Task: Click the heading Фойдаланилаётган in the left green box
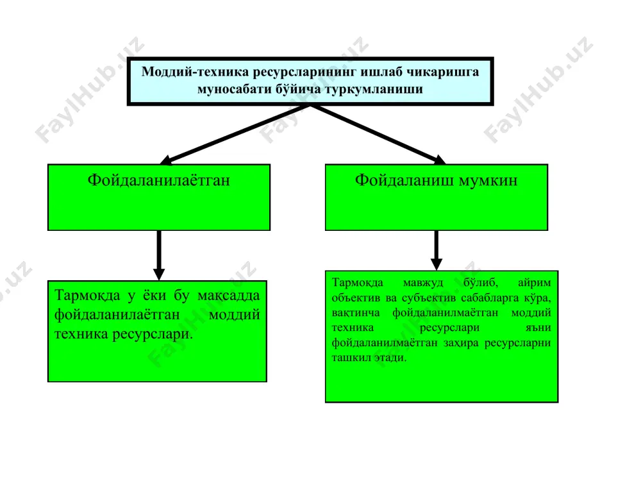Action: point(158,180)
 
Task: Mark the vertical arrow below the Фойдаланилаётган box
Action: point(159,255)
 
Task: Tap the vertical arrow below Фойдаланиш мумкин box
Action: point(436,250)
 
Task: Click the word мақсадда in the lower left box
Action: point(229,295)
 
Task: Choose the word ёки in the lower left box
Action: point(154,295)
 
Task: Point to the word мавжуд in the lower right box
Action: point(422,283)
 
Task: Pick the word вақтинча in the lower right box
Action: point(356,313)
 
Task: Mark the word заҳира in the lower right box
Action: point(461,342)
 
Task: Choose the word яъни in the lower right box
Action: point(538,328)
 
